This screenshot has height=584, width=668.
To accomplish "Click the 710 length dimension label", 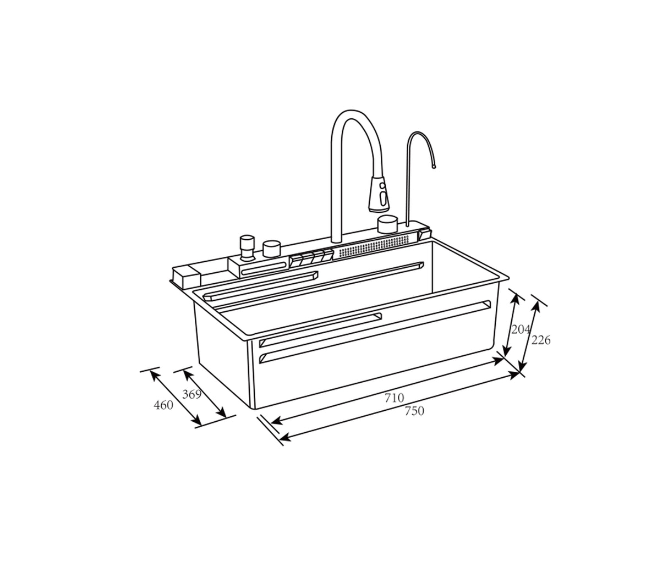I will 394,398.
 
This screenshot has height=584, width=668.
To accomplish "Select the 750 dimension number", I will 414,411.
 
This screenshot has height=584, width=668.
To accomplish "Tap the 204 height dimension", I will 520,329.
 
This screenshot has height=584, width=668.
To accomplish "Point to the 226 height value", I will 540,340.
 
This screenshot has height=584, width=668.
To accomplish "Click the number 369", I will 191,394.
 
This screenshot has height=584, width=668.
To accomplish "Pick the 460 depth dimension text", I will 163,405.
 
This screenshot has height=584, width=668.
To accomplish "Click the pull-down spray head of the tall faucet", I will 379,194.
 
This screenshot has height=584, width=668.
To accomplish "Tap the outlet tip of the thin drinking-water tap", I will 434,165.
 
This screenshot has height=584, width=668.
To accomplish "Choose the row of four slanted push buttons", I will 311,257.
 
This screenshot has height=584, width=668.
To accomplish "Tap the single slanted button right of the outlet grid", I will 424,233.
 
